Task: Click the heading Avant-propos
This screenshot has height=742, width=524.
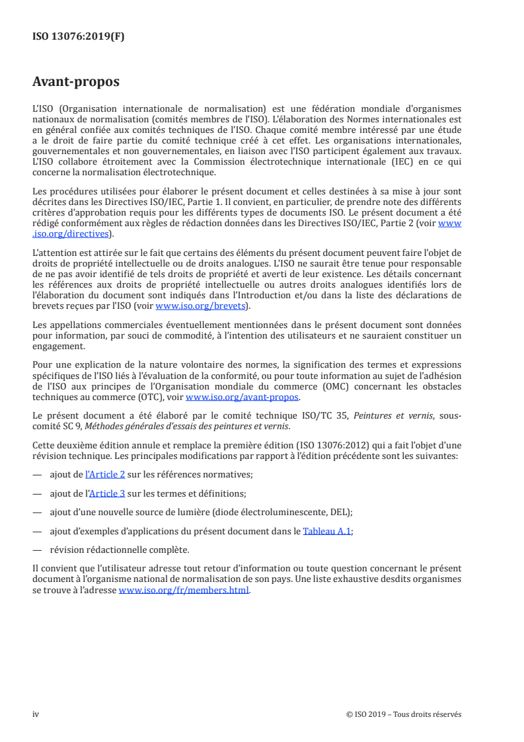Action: pyautogui.click(x=76, y=82)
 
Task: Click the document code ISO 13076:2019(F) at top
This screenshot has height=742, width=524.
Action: pyautogui.click(x=79, y=37)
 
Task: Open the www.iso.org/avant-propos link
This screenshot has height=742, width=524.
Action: pyautogui.click(x=243, y=397)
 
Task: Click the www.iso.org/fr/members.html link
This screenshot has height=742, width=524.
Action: pyautogui.click(x=184, y=591)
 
